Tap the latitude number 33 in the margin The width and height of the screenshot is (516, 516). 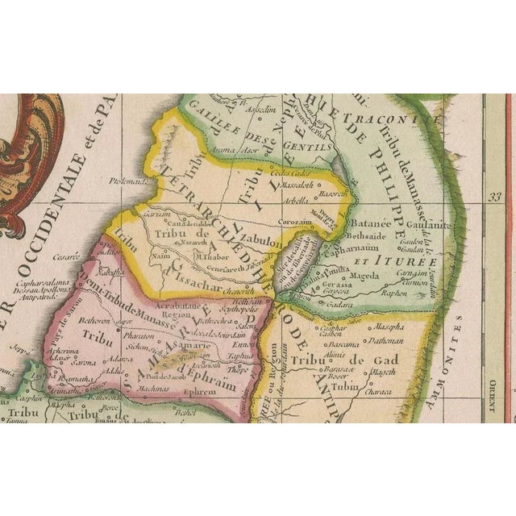click(x=494, y=195)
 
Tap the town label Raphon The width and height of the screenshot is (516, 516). click(x=418, y=295)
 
